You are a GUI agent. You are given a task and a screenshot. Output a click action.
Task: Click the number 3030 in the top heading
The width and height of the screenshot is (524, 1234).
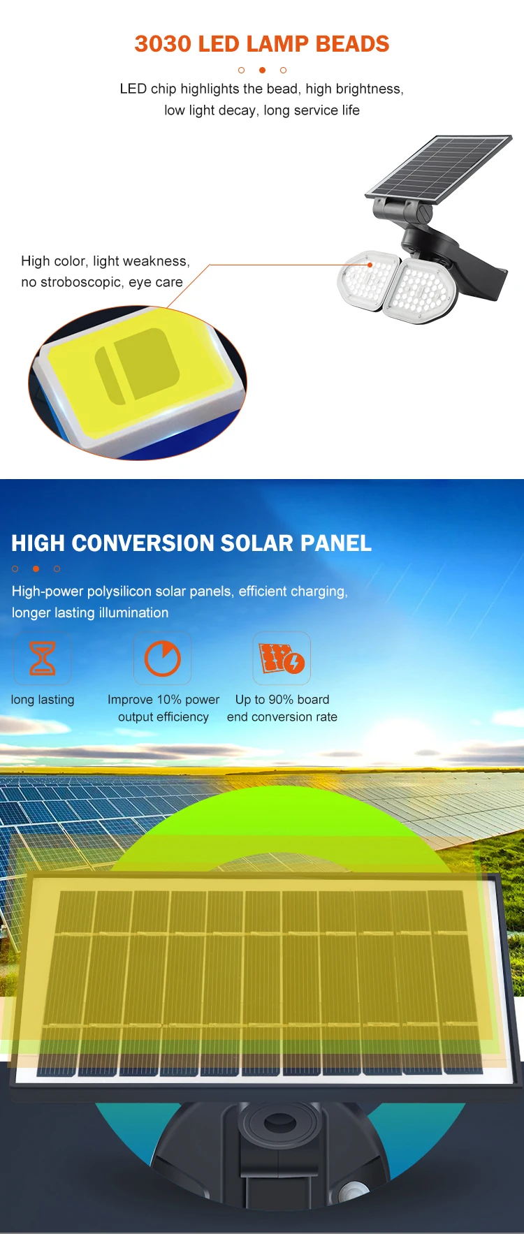pos(163,44)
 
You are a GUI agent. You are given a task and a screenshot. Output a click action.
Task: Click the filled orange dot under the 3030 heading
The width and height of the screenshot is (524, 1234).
pos(262,70)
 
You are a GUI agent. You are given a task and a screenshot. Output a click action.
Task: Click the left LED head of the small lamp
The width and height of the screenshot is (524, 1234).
pos(368,280)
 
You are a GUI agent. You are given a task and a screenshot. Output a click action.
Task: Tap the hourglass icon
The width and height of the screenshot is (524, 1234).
pos(43,659)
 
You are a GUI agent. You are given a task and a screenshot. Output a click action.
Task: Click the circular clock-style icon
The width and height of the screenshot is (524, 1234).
pos(163,659)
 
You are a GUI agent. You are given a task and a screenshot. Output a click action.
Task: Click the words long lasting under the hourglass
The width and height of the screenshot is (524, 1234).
pos(43,700)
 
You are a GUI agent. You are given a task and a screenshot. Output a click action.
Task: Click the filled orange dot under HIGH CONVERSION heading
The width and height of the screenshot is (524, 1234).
pos(36,568)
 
